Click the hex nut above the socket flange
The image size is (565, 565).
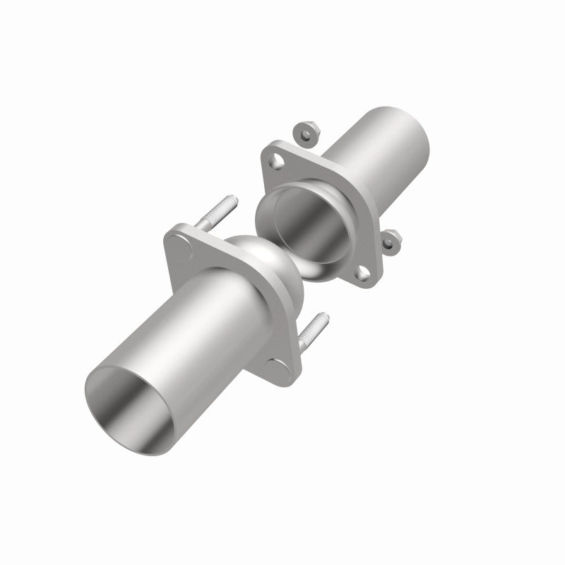coord(305,132)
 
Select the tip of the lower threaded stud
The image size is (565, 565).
coord(325,316)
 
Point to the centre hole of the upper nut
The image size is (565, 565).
coord(305,132)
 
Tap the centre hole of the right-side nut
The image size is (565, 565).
coord(391,242)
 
